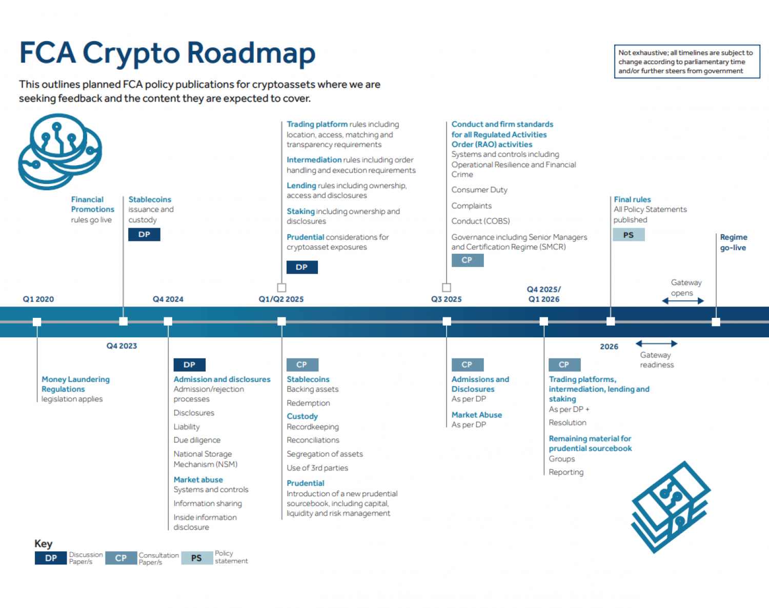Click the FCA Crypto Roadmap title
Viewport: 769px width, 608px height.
point(167,53)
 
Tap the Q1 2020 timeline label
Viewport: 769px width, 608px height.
point(38,299)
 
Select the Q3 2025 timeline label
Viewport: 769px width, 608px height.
point(446,299)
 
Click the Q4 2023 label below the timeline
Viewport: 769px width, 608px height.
point(122,346)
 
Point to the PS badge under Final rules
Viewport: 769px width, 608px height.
point(629,235)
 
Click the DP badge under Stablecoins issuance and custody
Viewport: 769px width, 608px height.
point(144,234)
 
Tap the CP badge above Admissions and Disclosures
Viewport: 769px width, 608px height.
point(467,364)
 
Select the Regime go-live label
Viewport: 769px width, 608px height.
point(733,242)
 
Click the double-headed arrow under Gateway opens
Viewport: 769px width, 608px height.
point(683,301)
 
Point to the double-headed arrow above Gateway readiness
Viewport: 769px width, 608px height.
point(657,343)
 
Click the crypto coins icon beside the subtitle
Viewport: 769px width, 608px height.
point(60,151)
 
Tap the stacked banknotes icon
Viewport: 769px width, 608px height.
point(671,506)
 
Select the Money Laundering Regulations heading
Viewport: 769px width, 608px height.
point(75,384)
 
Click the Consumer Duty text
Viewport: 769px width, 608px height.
point(479,190)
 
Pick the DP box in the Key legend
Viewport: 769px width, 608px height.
point(51,558)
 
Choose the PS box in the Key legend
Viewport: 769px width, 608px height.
point(196,558)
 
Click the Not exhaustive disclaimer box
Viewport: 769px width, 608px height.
point(687,62)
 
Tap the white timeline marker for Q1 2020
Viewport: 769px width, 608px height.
point(37,322)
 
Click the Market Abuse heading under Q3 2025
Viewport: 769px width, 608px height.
point(477,415)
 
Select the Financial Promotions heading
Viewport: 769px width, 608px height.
point(92,204)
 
